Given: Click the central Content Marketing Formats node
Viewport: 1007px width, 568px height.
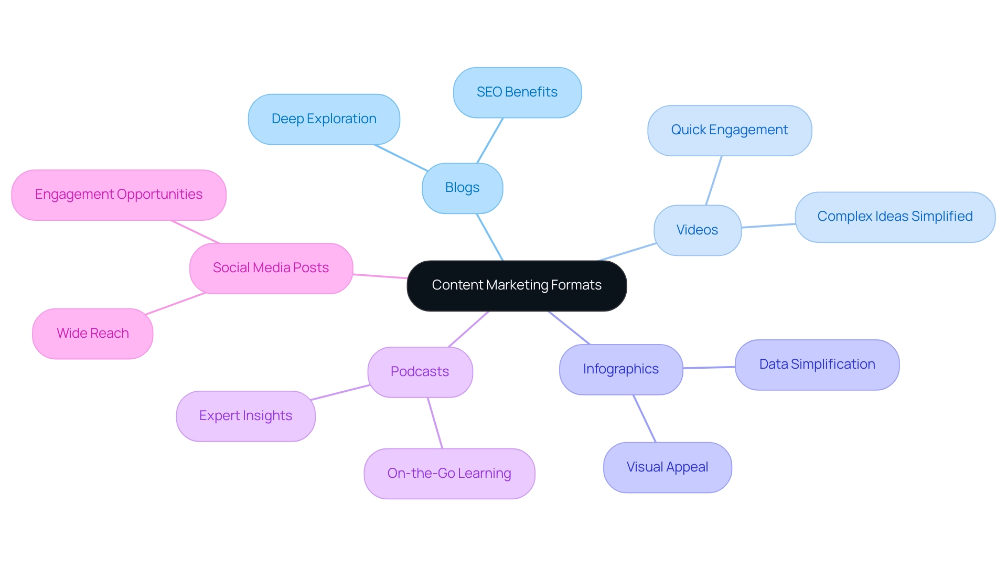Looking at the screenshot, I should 517,286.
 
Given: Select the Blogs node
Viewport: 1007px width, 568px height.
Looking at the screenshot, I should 462,188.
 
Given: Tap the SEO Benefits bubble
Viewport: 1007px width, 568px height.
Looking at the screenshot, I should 517,92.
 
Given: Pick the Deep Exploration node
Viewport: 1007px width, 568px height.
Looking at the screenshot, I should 324,119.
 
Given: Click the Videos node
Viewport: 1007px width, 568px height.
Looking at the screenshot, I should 697,230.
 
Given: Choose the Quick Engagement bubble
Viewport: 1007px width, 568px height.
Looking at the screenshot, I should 729,130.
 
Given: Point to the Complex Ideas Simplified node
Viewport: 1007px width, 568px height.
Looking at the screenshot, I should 894,217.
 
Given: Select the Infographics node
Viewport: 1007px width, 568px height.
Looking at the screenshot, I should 620,369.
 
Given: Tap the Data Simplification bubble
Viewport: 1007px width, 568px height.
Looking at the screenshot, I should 817,365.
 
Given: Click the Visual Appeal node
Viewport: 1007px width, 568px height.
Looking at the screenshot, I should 667,467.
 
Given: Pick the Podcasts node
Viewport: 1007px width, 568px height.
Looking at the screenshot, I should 420,372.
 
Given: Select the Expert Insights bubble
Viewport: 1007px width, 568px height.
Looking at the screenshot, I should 245,416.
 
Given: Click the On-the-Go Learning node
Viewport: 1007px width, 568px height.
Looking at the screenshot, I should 449,474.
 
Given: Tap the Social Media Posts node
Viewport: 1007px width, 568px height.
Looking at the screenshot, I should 271,268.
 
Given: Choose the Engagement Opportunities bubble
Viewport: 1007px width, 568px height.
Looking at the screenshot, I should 119,195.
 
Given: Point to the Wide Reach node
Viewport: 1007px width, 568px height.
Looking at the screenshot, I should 92,334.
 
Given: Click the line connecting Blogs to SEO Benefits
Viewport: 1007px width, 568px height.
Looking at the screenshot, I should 490,141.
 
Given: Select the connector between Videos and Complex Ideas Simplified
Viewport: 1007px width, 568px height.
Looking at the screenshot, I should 768,226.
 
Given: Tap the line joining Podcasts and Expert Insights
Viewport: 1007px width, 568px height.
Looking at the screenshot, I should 340,392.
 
